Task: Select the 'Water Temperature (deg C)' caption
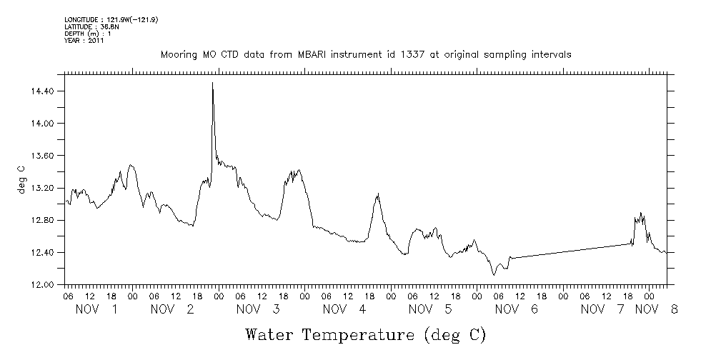click(366, 334)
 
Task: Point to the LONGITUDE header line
click(111, 20)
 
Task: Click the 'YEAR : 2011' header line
click(84, 41)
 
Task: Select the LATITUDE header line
click(90, 27)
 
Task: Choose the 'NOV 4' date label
click(344, 309)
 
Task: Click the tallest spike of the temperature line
click(212, 84)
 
